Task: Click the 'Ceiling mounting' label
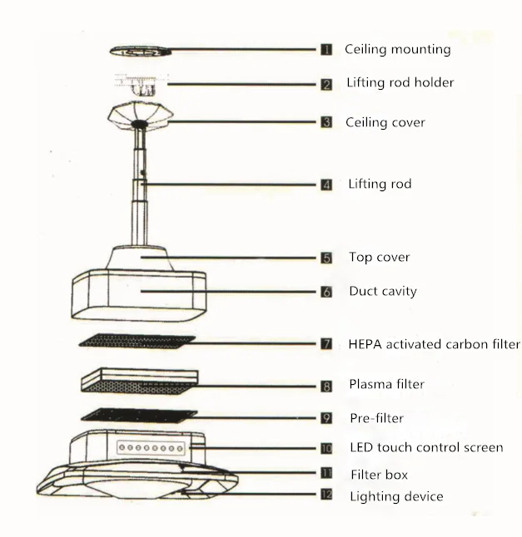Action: pos(397,50)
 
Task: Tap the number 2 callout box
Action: pos(327,84)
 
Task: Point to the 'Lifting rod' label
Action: pos(379,185)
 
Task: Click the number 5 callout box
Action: pos(327,258)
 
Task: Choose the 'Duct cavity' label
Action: pos(382,292)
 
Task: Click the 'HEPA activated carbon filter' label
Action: pos(434,344)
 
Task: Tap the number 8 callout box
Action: pos(327,386)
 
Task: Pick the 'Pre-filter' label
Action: pos(375,419)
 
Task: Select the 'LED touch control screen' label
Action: pos(425,448)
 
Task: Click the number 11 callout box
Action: pos(327,473)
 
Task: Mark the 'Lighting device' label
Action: pos(395,497)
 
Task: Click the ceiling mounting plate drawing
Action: pos(141,51)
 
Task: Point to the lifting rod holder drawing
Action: pos(141,84)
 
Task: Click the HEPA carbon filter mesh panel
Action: pos(136,341)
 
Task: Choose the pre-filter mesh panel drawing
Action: pos(139,414)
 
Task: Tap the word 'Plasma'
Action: pos(370,385)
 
